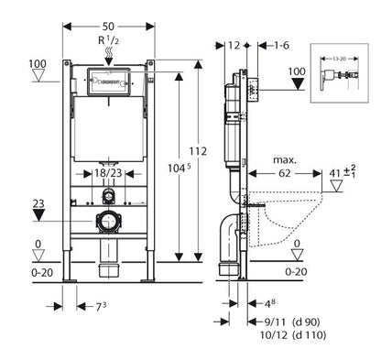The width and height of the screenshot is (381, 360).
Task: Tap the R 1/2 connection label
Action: pos(109,40)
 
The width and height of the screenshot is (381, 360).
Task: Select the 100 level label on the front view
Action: pos(38,63)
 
